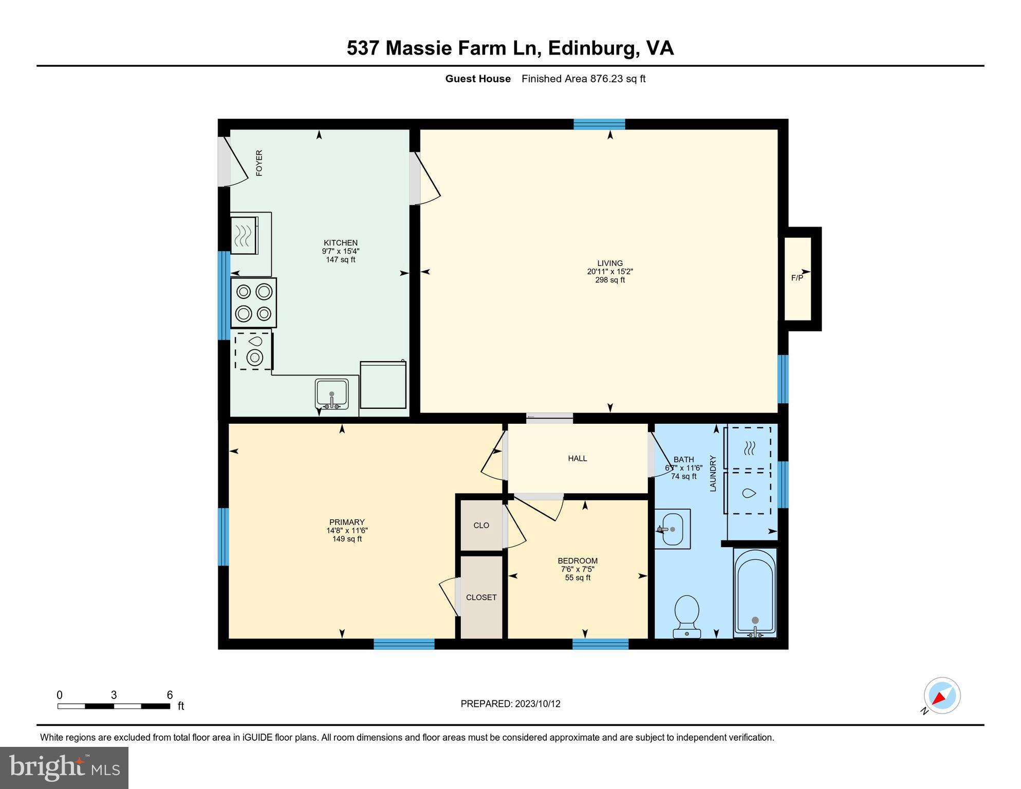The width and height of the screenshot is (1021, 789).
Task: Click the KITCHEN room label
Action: coord(340,243)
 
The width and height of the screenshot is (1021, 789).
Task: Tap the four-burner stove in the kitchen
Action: coord(253,303)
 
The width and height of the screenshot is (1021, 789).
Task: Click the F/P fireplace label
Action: coord(796,278)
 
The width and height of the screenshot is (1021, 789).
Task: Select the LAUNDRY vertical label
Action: coord(713,473)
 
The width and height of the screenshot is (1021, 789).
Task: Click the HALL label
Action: coord(577,458)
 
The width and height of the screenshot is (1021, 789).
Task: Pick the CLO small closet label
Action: coord(481,525)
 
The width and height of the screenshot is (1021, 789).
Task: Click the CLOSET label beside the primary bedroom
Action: coord(481,597)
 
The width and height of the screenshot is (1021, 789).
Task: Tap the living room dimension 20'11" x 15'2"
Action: coord(610,272)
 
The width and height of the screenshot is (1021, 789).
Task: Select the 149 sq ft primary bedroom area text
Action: coord(347,539)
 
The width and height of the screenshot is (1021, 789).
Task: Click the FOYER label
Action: coord(259,163)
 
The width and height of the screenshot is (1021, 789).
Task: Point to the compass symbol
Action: coord(942,696)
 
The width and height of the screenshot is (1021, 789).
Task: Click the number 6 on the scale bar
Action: coord(170,695)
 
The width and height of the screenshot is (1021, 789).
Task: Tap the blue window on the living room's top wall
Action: coord(599,124)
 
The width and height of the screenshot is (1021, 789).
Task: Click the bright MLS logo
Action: coord(64,767)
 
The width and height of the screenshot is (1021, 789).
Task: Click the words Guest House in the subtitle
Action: coord(477,79)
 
